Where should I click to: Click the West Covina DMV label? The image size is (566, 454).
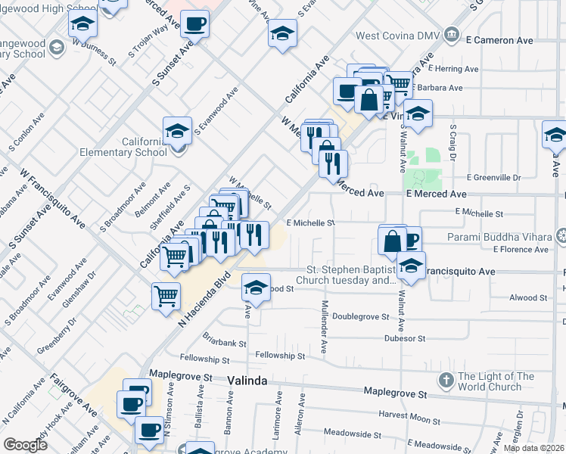click(398, 35)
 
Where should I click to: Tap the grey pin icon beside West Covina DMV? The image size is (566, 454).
click(452, 34)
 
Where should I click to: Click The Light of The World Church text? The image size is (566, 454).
click(496, 381)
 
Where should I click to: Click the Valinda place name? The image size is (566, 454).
click(247, 381)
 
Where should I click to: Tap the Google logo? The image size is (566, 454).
click(25, 445)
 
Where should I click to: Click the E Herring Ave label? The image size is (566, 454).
click(470, 69)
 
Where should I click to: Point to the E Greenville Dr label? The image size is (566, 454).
click(494, 177)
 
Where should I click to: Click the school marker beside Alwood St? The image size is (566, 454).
click(257, 288)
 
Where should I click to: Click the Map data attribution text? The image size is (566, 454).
click(533, 448)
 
